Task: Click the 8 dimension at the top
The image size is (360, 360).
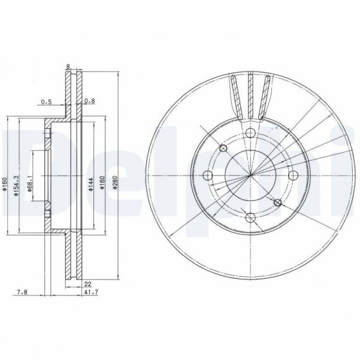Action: coord(69,67)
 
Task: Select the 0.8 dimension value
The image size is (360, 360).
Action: coord(89,102)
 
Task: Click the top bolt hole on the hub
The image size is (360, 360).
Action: coord(250,132)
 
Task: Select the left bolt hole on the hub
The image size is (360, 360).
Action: coord(208,175)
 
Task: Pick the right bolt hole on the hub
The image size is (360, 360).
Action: coord(293,175)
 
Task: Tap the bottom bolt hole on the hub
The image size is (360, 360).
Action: coord(250,217)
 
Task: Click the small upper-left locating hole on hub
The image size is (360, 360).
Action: coord(224,148)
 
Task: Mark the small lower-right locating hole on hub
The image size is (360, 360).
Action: coord(277,203)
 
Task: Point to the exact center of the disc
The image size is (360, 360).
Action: coord(250,175)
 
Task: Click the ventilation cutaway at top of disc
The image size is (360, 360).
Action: coord(250,96)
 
